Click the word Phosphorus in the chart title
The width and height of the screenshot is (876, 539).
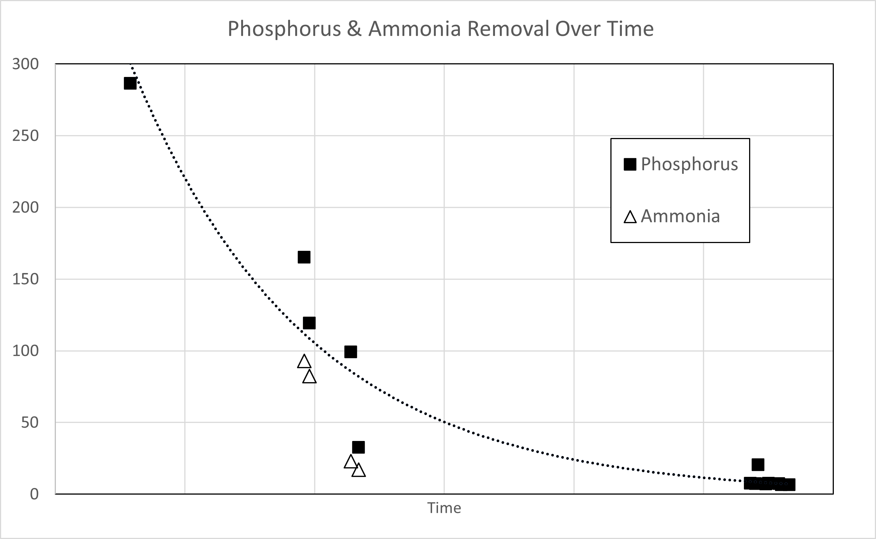click(284, 29)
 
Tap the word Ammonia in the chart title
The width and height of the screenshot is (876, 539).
click(414, 29)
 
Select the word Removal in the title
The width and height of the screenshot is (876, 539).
click(508, 29)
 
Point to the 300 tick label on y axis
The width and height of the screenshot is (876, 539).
click(26, 64)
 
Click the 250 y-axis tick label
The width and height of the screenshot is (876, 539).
click(26, 136)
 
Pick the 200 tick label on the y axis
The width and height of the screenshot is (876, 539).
click(26, 208)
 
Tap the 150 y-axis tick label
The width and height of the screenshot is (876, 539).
click(26, 279)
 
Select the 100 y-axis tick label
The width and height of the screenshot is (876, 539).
click(26, 351)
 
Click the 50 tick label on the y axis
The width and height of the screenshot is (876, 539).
click(30, 422)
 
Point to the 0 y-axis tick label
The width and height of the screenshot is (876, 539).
click(34, 494)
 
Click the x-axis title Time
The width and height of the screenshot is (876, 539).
click(444, 508)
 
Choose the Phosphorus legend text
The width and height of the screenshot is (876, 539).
click(689, 164)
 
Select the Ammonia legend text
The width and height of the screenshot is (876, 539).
click(680, 216)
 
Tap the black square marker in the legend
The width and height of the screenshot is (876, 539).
click(630, 164)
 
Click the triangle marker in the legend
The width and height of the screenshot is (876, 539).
click(630, 217)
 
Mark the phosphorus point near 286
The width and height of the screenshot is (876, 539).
click(130, 84)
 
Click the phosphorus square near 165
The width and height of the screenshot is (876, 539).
click(304, 257)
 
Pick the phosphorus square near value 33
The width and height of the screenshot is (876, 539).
click(358, 447)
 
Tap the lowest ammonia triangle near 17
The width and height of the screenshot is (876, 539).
click(358, 471)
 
